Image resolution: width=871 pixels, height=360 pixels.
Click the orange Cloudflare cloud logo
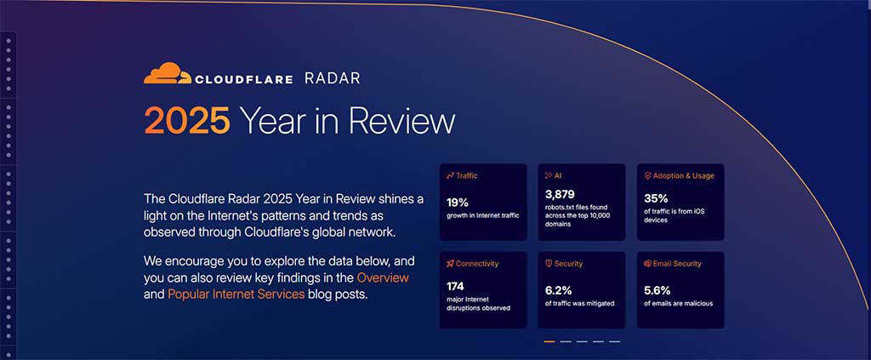click(x=167, y=74)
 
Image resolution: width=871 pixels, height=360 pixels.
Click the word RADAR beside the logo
click(x=333, y=78)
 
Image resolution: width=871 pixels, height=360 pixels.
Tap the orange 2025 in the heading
click(x=186, y=122)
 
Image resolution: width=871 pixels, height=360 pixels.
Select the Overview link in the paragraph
click(x=383, y=278)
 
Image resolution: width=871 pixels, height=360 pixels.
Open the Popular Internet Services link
click(x=236, y=294)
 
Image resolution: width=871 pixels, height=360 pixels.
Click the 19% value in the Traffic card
click(x=458, y=203)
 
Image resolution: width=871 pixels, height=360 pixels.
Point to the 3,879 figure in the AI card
click(x=560, y=194)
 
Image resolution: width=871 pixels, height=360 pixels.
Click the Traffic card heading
click(x=466, y=175)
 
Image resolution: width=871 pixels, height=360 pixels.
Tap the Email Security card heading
click(x=678, y=264)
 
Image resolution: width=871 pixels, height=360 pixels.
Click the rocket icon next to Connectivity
click(x=450, y=264)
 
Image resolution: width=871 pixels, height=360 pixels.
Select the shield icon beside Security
click(x=549, y=264)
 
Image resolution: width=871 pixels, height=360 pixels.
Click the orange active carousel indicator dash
click(x=549, y=341)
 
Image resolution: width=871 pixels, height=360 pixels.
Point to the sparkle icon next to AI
click(x=549, y=175)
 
